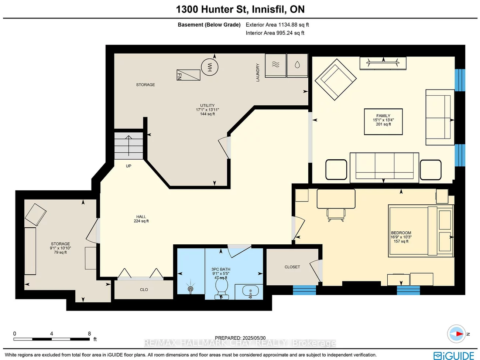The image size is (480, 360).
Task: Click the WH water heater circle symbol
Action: [210, 67]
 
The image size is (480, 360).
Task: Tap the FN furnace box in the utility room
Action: [188, 75]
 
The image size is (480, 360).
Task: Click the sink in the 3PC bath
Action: [251, 292]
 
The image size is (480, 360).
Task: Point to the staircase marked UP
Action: [128, 146]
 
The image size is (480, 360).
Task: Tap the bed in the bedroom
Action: [421, 231]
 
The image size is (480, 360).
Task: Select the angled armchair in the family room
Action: [335, 79]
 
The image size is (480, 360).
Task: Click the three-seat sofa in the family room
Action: [384, 167]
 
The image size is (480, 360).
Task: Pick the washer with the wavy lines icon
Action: [275, 65]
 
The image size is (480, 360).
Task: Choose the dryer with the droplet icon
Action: [297, 65]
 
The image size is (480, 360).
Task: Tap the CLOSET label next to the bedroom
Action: [292, 267]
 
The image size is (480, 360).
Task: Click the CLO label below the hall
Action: [144, 290]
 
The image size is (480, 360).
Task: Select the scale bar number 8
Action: [89, 333]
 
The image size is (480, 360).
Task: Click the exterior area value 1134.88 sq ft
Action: [277, 25]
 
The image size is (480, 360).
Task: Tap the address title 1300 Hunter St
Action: [240, 9]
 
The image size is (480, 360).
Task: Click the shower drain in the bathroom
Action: [191, 288]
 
